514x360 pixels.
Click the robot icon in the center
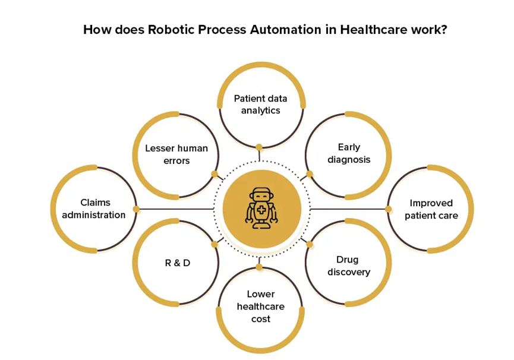pyautogui.click(x=261, y=209)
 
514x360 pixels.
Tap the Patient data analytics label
pyautogui.click(x=260, y=105)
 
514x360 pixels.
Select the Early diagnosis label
pyautogui.click(x=348, y=153)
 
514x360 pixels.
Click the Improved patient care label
pyautogui.click(x=431, y=209)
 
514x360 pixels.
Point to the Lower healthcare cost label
pyautogui.click(x=260, y=307)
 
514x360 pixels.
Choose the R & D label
pyautogui.click(x=177, y=263)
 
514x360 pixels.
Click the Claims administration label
pyautogui.click(x=94, y=209)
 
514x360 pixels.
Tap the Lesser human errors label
pyautogui.click(x=176, y=154)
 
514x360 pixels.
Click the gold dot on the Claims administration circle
pyautogui.click(x=136, y=209)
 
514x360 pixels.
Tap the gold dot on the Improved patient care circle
pyautogui.click(x=389, y=209)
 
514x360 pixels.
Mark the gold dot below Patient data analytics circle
pyautogui.click(x=260, y=147)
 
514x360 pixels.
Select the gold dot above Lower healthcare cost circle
pyautogui.click(x=260, y=267)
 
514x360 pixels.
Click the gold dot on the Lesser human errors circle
pyautogui.click(x=215, y=175)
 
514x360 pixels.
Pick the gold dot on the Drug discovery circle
pyautogui.click(x=310, y=244)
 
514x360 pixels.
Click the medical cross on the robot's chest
pyautogui.click(x=261, y=210)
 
